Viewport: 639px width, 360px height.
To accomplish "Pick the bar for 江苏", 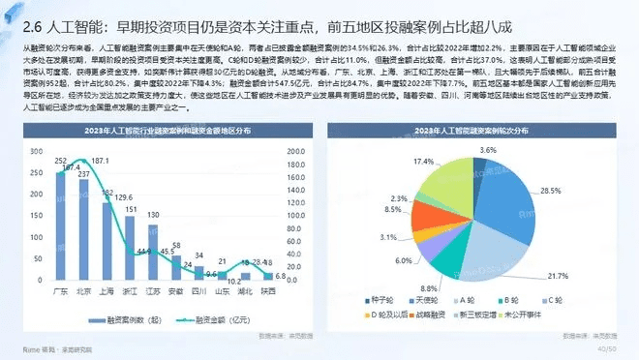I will [x=153, y=248].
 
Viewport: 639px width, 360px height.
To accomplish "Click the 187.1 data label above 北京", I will [x=101, y=161].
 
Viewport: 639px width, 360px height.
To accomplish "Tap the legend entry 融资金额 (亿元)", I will [x=218, y=317].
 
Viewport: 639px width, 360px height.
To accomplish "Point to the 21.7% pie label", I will [x=558, y=276].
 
